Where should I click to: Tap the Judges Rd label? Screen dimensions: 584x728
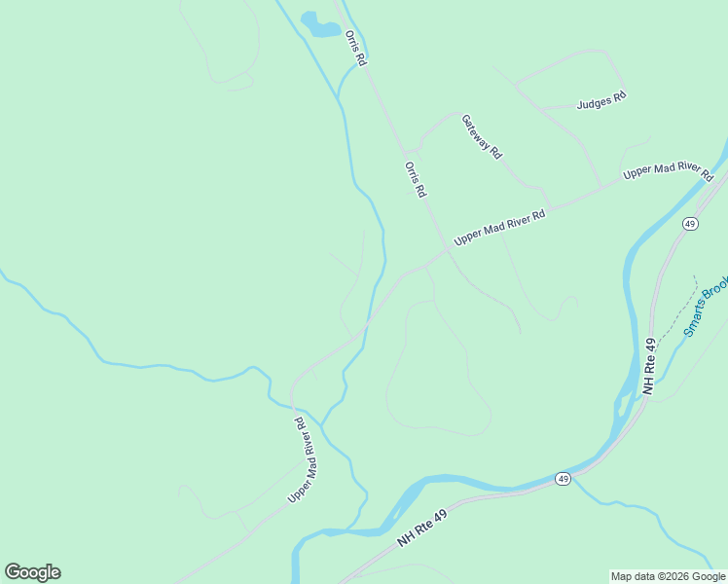click(601, 99)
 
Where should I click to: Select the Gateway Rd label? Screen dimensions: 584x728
click(481, 136)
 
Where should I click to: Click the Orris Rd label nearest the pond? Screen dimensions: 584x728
click(355, 48)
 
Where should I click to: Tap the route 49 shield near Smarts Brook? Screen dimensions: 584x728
click(689, 224)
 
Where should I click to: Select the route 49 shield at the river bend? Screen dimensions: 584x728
click(563, 478)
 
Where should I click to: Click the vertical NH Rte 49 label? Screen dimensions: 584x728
click(649, 366)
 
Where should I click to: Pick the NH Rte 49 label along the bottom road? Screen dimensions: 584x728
click(422, 528)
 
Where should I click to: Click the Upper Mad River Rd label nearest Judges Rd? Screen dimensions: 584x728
click(668, 173)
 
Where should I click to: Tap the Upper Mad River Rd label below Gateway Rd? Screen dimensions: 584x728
click(498, 227)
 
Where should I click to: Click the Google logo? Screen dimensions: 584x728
click(32, 572)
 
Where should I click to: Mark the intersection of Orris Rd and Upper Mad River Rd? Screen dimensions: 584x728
click(450, 248)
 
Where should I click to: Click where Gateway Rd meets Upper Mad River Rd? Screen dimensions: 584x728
click(551, 207)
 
